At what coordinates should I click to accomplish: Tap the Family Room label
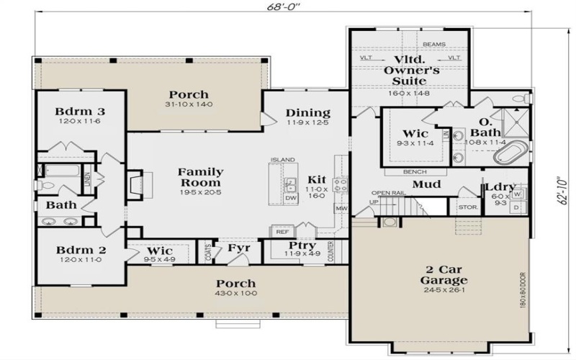pos(200,178)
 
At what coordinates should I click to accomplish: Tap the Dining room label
pos(307,113)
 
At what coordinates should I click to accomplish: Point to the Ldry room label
pos(500,189)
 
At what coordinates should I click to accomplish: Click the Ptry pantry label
pos(302,246)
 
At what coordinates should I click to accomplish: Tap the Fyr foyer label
pos(238,248)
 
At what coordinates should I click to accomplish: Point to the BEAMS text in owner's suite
pos(433,44)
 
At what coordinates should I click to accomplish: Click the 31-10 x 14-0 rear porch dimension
pos(189,106)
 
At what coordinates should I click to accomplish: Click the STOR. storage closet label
pos(465,209)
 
